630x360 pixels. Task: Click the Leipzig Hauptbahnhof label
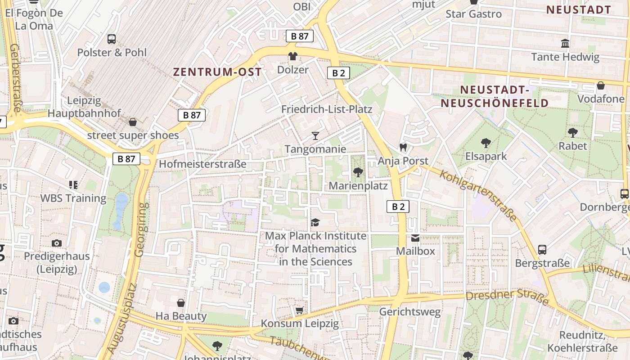(x=84, y=107)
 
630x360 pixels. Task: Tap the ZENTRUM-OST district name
(x=217, y=72)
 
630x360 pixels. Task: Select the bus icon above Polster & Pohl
(x=112, y=39)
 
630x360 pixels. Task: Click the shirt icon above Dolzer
(x=293, y=57)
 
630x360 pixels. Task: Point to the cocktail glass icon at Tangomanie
(x=315, y=135)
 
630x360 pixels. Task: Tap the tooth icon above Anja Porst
(x=403, y=147)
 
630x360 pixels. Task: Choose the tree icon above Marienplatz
(x=358, y=172)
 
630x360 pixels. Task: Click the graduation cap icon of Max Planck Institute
(x=315, y=222)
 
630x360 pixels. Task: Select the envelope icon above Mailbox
(x=415, y=238)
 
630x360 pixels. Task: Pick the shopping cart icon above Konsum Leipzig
(x=300, y=310)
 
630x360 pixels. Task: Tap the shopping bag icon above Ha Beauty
(x=181, y=302)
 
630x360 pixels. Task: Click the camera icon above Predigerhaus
(x=57, y=243)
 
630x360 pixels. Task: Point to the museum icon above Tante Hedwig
(x=565, y=44)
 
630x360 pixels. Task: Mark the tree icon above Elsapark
(x=486, y=143)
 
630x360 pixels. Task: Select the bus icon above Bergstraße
(x=542, y=249)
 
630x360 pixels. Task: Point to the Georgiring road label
(x=141, y=229)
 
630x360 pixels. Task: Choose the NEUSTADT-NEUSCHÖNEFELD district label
(x=495, y=96)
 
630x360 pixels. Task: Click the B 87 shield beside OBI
(x=300, y=36)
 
